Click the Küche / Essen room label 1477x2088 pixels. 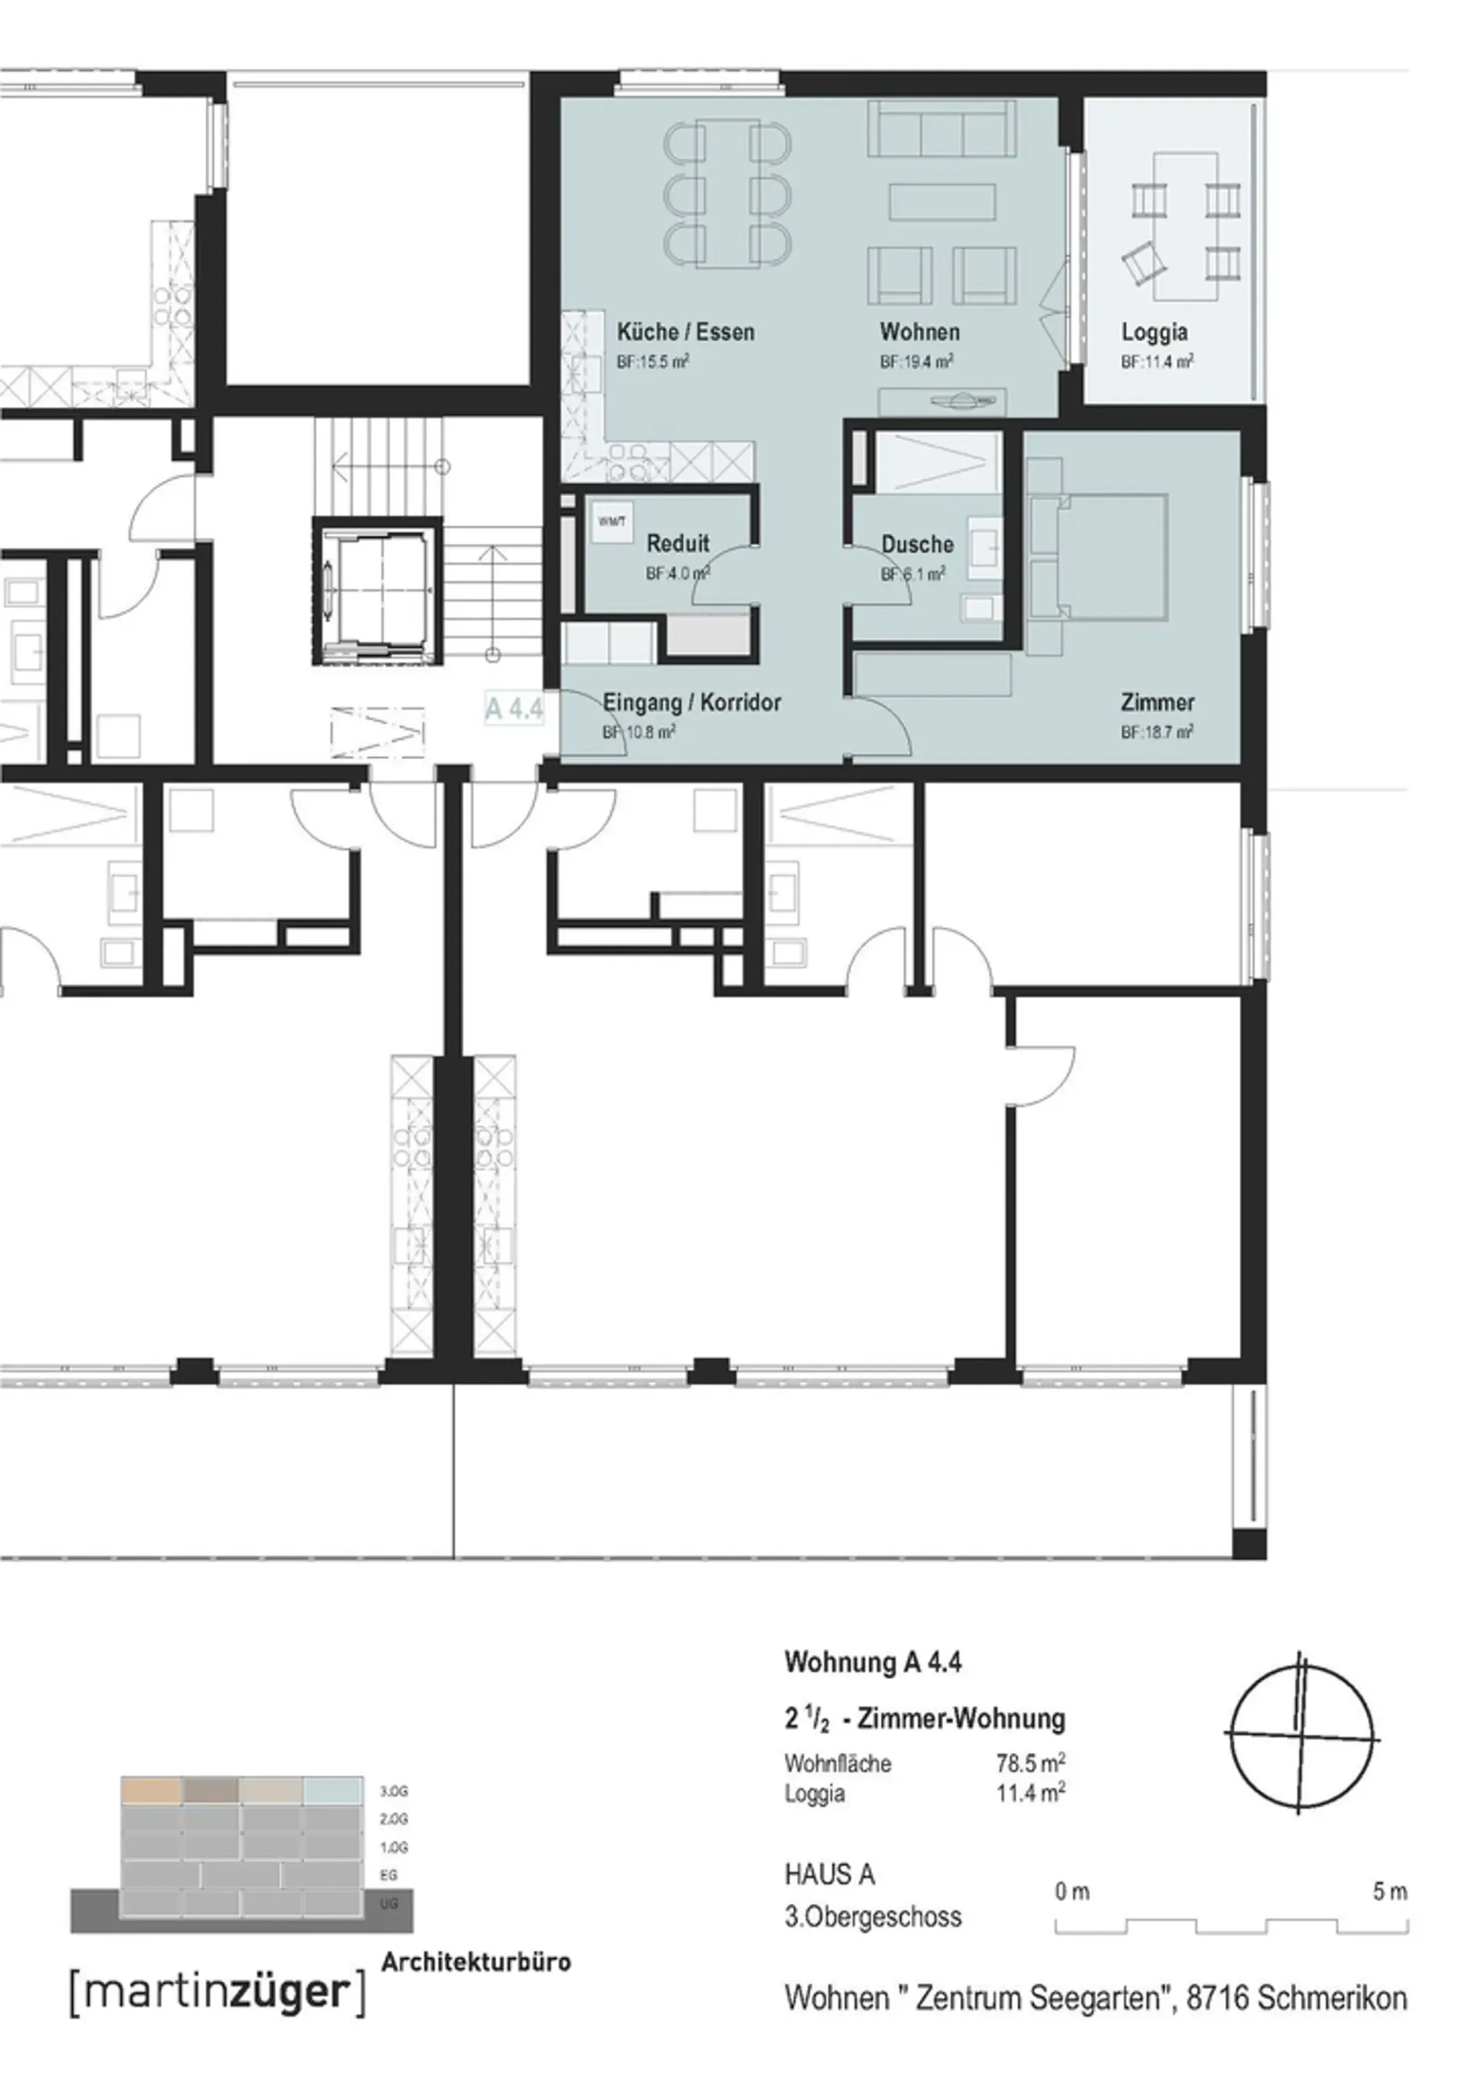[685, 332]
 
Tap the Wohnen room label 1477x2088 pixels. [919, 332]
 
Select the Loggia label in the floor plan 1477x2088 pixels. [1154, 333]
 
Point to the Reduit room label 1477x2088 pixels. [678, 544]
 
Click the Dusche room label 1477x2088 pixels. [917, 544]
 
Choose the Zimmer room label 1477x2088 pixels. [1157, 702]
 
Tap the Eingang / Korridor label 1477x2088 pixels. [692, 702]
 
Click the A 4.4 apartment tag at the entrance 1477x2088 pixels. [514, 708]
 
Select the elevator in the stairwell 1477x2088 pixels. [376, 591]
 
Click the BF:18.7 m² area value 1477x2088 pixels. [1157, 732]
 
